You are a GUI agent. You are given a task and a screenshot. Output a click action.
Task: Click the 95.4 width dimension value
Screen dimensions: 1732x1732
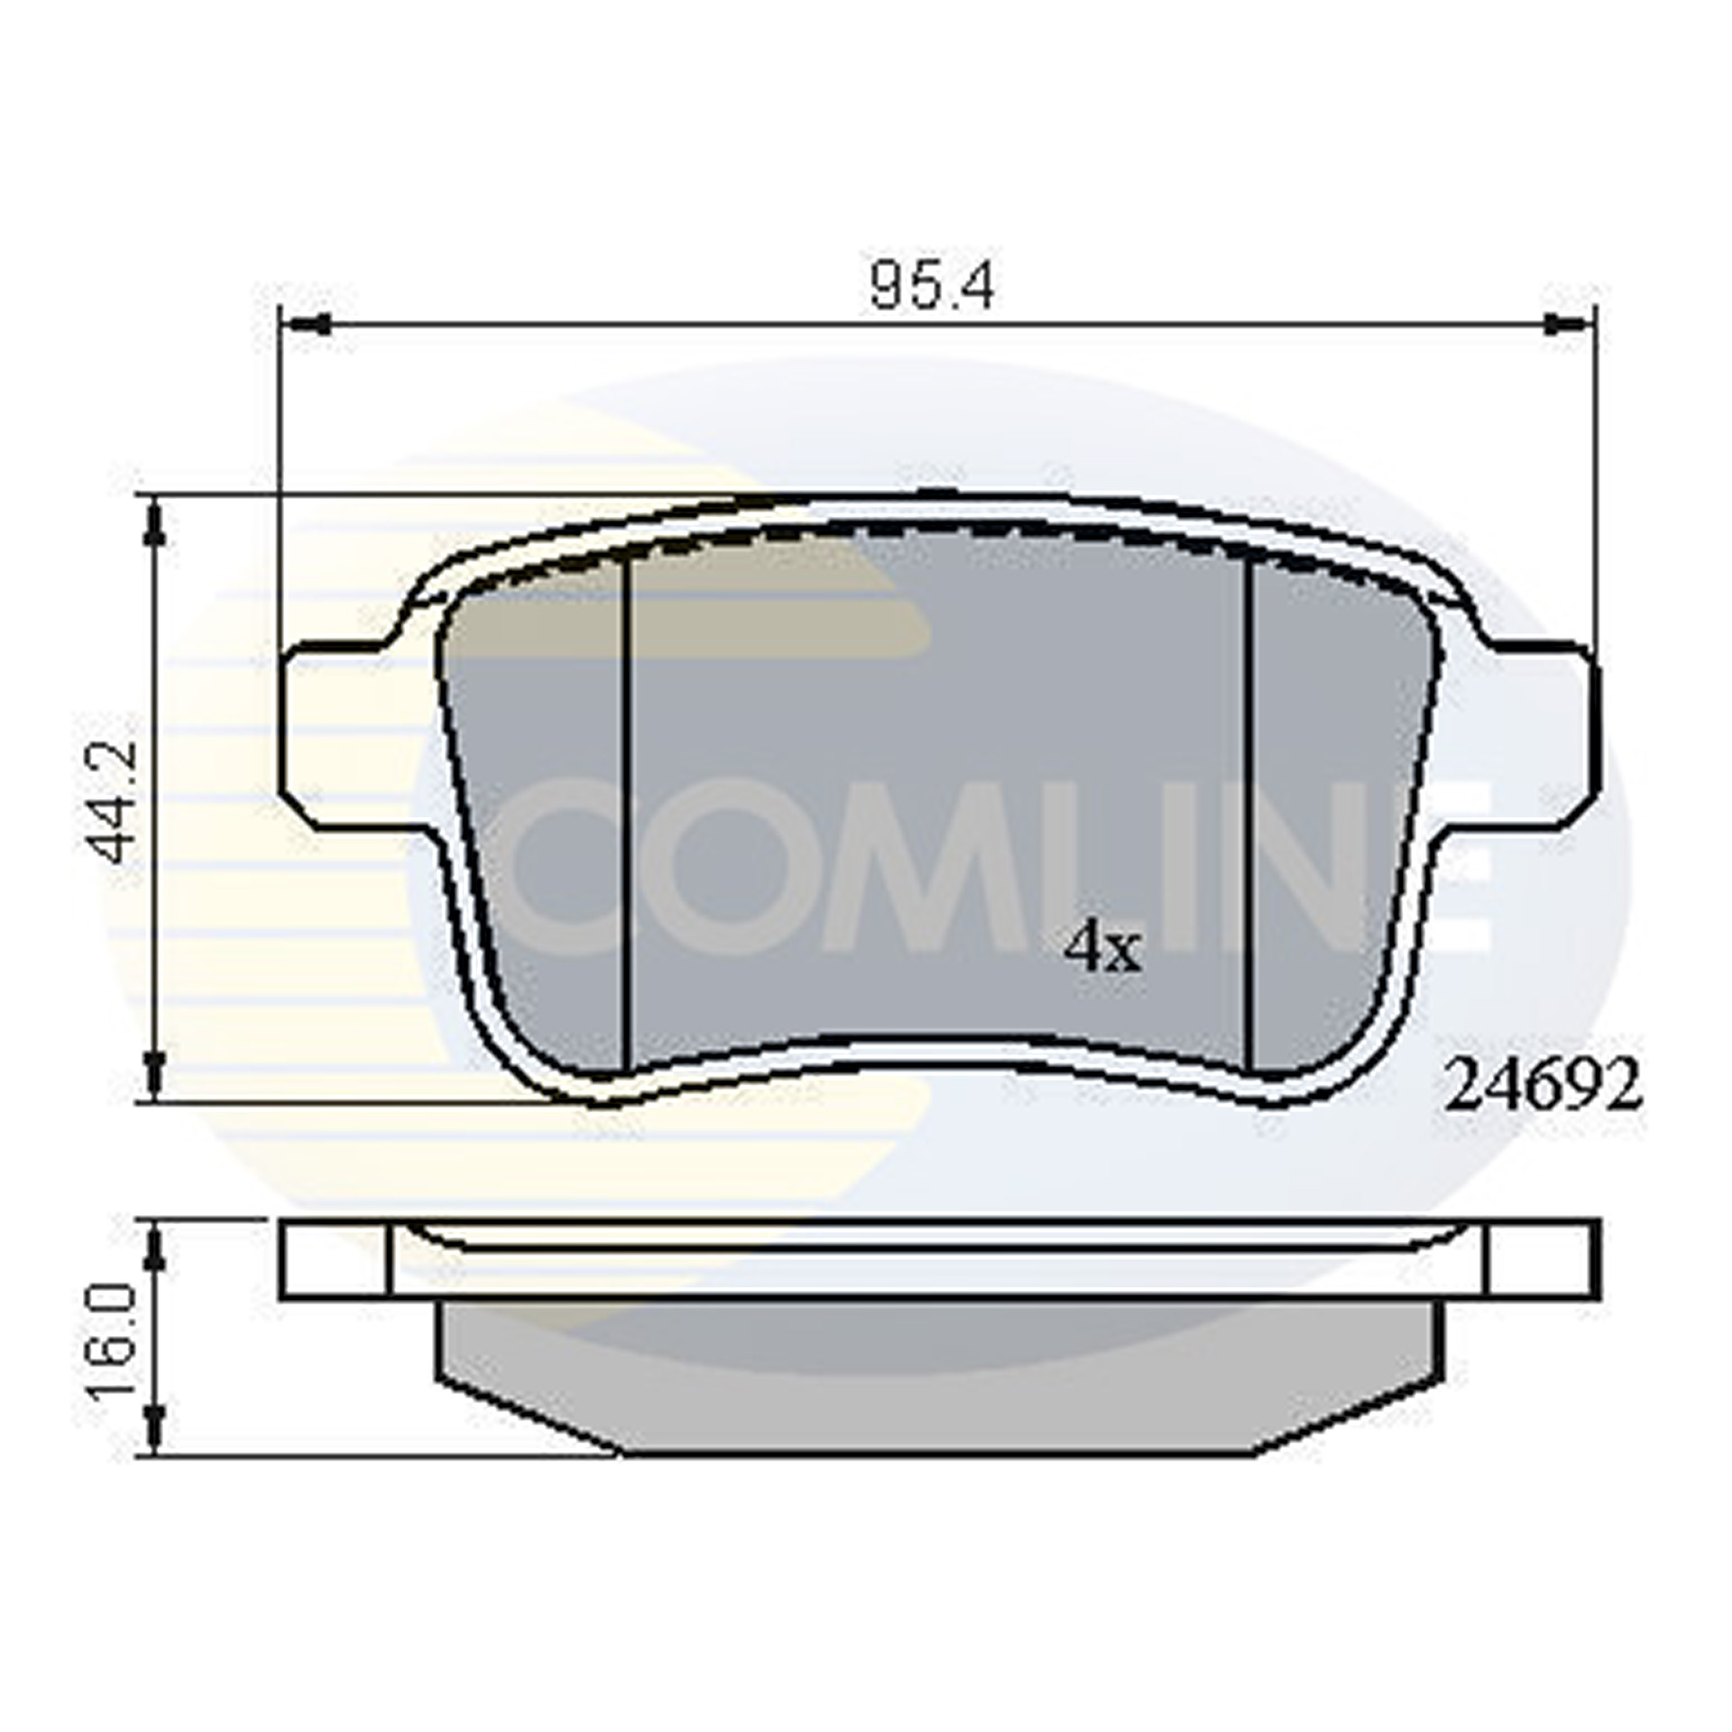931,288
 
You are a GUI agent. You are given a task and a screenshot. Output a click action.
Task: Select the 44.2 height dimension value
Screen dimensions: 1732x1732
115,801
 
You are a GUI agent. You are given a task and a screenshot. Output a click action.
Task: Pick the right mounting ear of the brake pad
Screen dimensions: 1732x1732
1539,722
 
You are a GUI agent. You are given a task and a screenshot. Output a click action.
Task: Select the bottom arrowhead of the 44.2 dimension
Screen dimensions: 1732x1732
156,1074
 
